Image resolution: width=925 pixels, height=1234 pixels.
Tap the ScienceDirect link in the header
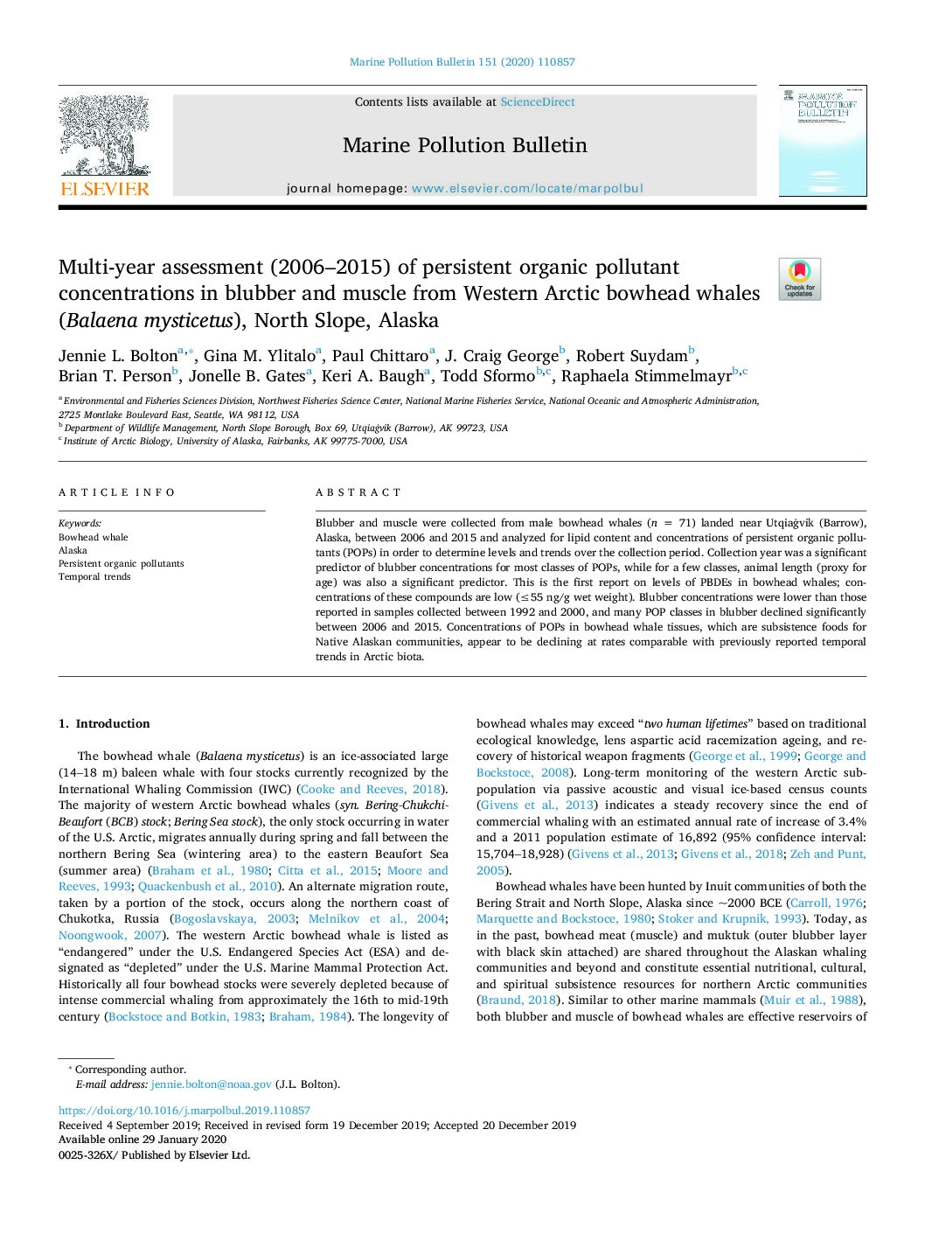tap(538, 102)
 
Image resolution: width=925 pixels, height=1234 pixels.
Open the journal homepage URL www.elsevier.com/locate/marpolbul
tap(527, 188)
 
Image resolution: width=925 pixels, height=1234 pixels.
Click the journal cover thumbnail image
tap(822, 141)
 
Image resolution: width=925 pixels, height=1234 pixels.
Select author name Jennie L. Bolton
tap(118, 356)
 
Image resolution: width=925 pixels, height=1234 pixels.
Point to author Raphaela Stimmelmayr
tap(646, 376)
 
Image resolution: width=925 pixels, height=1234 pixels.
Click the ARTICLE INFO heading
tap(117, 492)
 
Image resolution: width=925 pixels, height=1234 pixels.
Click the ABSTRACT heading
tap(358, 492)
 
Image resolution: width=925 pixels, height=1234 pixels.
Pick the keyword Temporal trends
tap(94, 577)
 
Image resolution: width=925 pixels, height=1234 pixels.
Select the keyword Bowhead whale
tap(94, 538)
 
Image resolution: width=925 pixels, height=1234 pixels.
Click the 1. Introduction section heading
tap(104, 723)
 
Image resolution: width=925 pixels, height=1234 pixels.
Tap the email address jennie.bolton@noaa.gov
tap(211, 1084)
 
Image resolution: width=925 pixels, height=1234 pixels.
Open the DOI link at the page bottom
tap(184, 1111)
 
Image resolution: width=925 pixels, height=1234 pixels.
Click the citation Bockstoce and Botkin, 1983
tap(184, 1016)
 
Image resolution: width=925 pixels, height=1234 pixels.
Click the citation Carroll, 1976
tap(826, 903)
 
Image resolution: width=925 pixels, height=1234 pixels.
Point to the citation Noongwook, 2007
tap(111, 935)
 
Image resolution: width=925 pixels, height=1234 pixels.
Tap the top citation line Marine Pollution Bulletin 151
tap(462, 62)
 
